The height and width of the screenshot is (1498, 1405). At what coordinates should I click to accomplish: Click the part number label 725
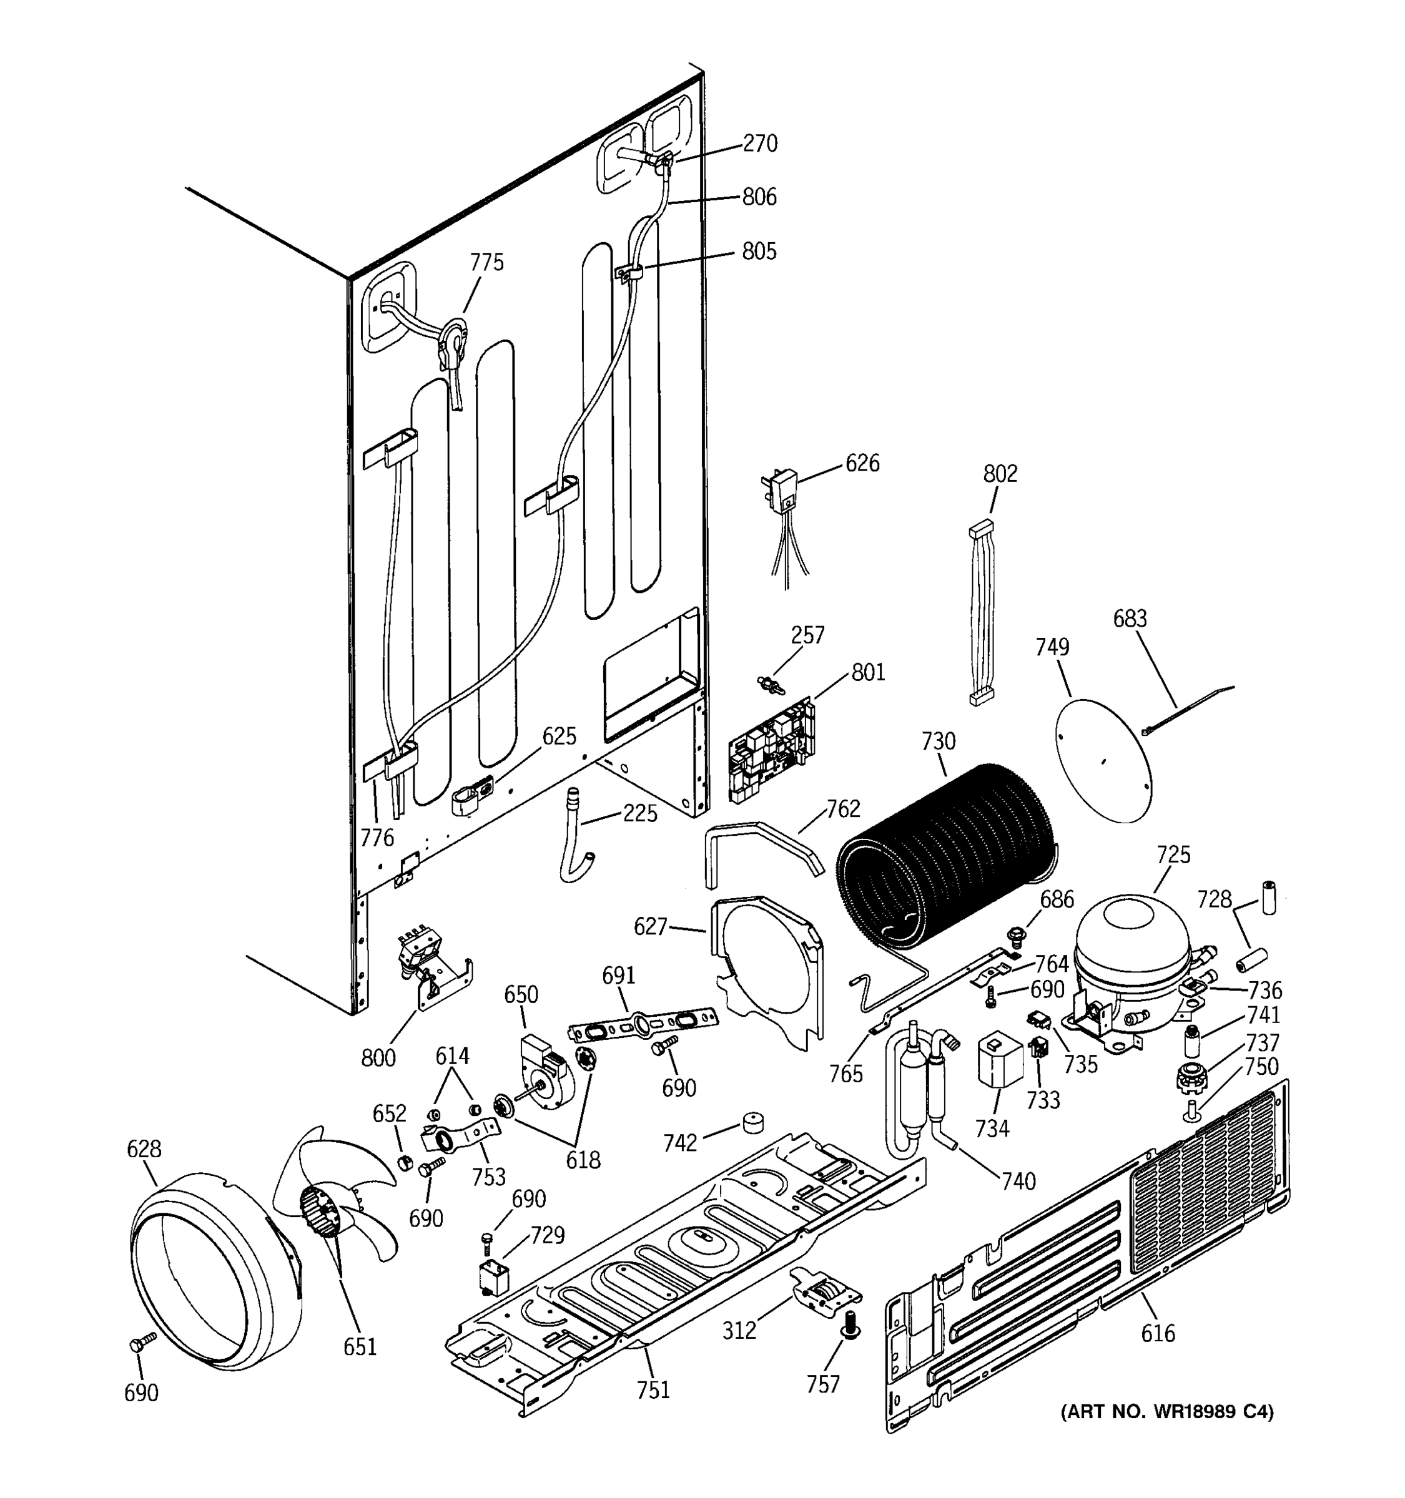pyautogui.click(x=1173, y=854)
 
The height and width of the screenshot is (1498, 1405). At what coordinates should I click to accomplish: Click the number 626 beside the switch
pyautogui.click(x=862, y=463)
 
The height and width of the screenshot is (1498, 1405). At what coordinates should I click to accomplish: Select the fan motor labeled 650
pyautogui.click(x=543, y=1072)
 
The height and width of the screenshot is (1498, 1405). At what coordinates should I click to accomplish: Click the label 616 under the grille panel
pyautogui.click(x=1157, y=1333)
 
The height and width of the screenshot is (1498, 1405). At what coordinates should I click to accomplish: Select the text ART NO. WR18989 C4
pyautogui.click(x=1167, y=1411)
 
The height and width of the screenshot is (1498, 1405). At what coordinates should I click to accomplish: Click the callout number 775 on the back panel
pyautogui.click(x=486, y=262)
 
